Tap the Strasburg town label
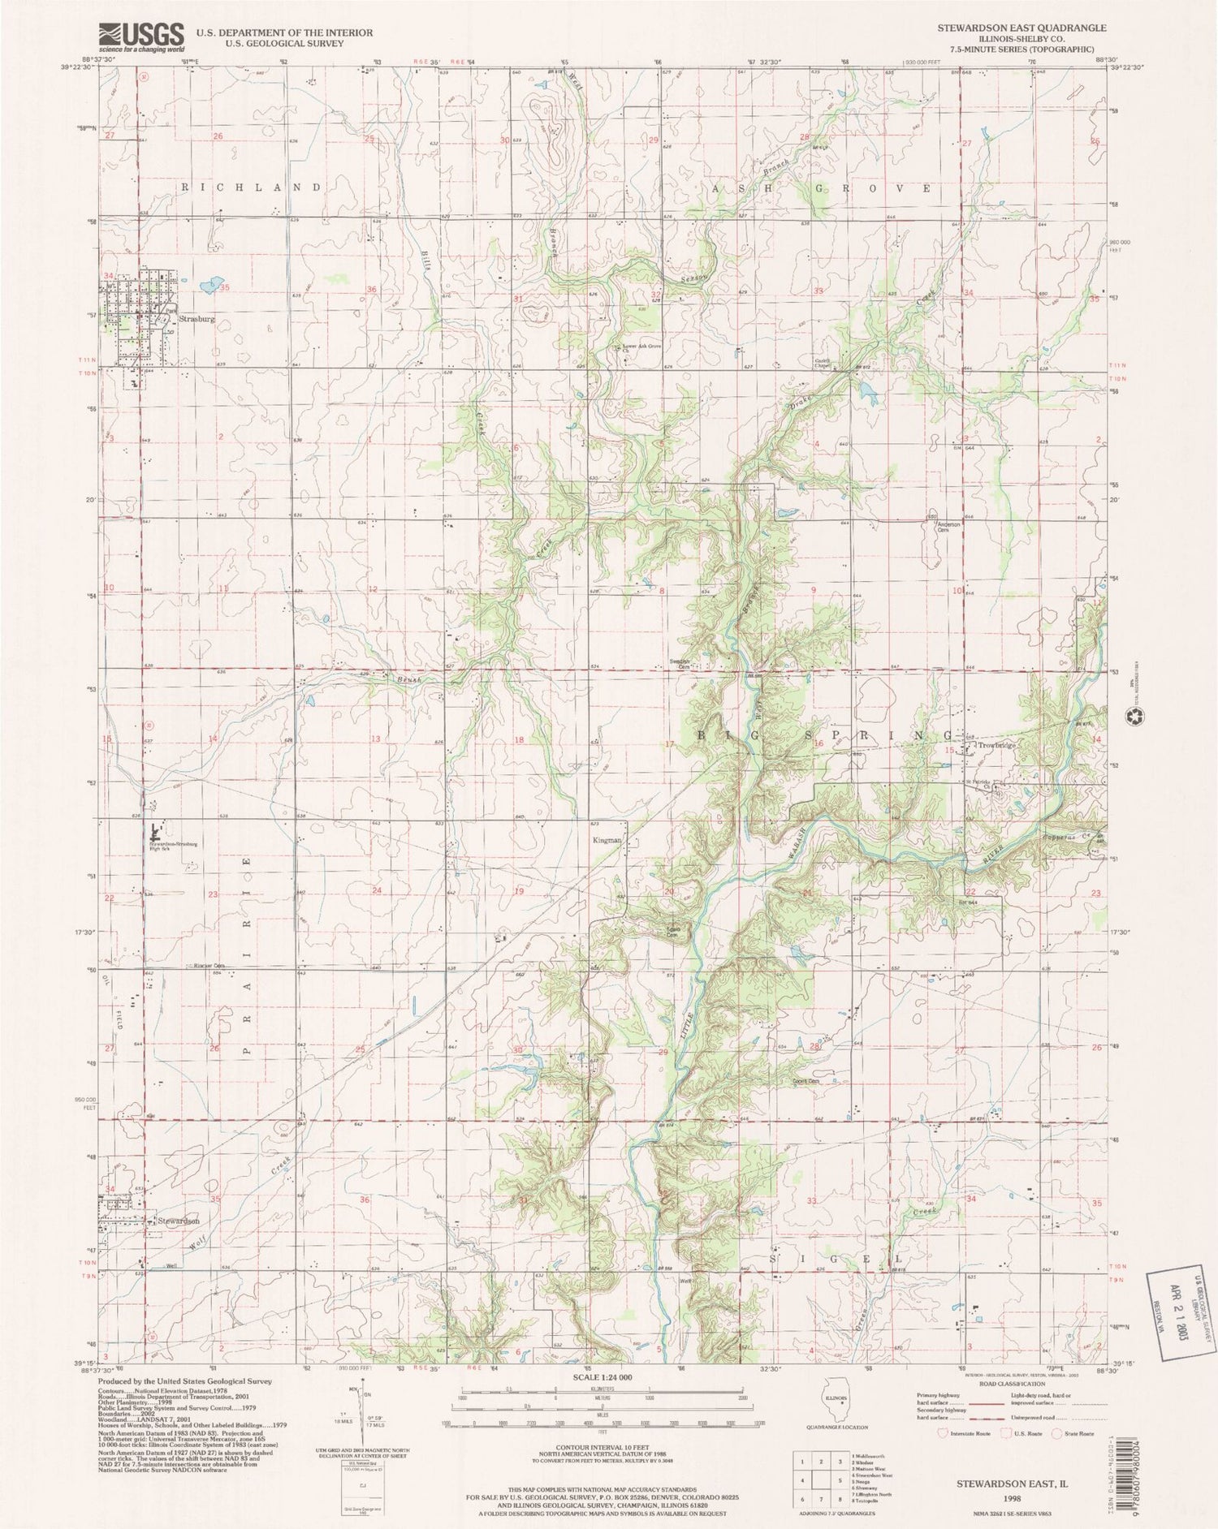click(x=197, y=319)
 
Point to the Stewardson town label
click(x=179, y=1220)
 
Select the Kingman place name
click(x=607, y=841)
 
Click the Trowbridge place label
click(x=997, y=745)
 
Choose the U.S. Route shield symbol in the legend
click(x=1007, y=1434)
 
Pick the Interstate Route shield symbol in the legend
click(x=944, y=1434)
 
